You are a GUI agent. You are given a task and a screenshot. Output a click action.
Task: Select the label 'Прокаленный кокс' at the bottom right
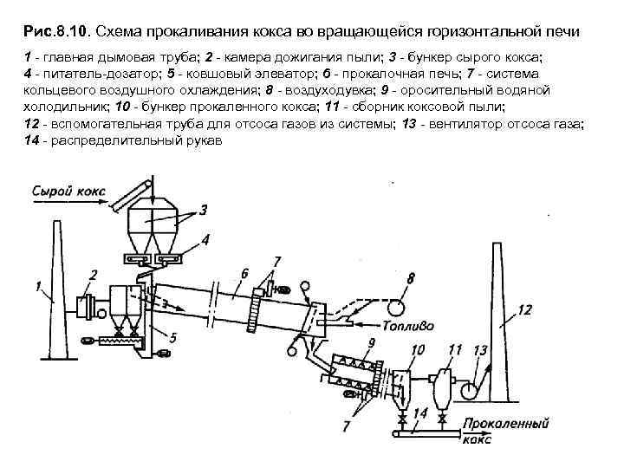[x=507, y=430]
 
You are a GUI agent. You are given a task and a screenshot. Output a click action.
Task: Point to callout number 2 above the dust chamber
[x=92, y=276]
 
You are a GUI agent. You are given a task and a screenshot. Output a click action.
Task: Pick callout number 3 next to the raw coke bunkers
[x=203, y=211]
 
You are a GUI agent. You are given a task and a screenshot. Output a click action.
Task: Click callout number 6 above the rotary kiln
[x=245, y=274]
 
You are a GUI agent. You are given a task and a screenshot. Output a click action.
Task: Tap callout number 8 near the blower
[x=410, y=278]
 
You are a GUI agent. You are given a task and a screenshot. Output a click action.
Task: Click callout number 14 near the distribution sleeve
[x=419, y=414]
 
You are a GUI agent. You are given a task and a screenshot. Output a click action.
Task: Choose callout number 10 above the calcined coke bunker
[x=418, y=349]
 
